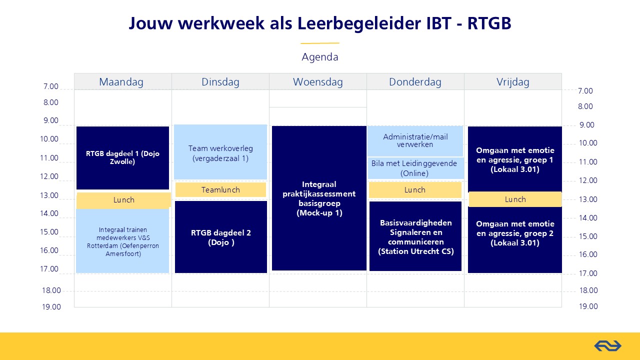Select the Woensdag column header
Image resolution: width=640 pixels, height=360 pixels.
click(x=317, y=81)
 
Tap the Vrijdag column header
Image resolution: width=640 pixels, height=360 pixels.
click(x=513, y=81)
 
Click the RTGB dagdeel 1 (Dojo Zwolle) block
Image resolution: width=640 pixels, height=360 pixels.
click(x=123, y=157)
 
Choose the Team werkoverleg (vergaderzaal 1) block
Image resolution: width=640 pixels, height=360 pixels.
click(x=220, y=152)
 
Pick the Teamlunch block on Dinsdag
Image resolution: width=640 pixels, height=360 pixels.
click(x=220, y=189)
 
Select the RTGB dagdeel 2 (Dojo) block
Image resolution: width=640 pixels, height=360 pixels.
click(x=221, y=237)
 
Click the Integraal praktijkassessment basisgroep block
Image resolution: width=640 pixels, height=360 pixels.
click(x=319, y=198)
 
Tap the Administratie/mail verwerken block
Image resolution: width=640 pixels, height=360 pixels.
click(x=415, y=141)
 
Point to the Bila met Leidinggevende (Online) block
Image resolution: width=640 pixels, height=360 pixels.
click(x=415, y=168)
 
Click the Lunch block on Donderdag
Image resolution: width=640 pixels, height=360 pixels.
click(x=415, y=190)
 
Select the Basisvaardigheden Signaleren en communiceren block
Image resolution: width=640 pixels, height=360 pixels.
click(x=415, y=236)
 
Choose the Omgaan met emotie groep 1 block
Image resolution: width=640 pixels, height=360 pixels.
click(x=515, y=159)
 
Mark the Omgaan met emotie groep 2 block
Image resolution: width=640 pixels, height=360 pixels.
click(x=515, y=240)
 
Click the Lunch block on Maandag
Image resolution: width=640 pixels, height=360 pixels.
click(x=123, y=200)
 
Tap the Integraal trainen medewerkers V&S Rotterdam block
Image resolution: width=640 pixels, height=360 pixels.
click(x=122, y=241)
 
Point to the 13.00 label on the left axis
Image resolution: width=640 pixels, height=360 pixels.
click(x=49, y=195)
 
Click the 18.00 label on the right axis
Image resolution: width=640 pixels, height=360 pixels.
click(x=588, y=290)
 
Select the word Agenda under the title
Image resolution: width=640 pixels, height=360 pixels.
click(x=320, y=57)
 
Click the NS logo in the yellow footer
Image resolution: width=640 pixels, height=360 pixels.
click(x=607, y=346)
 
